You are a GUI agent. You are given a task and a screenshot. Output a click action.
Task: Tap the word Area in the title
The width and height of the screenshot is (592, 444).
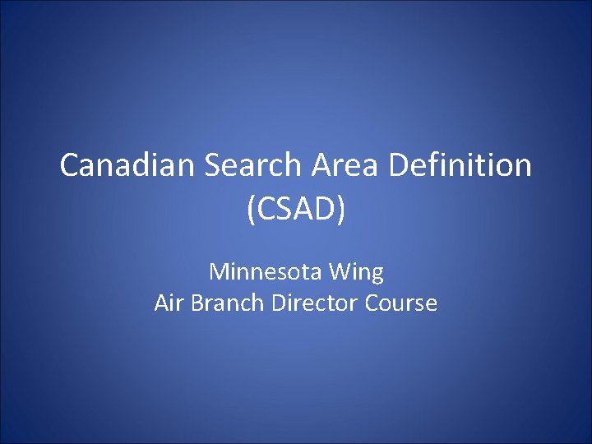[x=346, y=166]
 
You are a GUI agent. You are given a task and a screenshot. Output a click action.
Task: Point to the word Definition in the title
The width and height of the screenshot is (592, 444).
[x=460, y=166]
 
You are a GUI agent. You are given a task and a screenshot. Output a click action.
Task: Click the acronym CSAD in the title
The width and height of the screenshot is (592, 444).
[x=296, y=209]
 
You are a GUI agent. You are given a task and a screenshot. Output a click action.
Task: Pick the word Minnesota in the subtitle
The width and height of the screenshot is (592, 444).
[x=269, y=271]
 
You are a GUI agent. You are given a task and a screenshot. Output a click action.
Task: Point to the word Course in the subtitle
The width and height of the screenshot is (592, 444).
[x=400, y=303]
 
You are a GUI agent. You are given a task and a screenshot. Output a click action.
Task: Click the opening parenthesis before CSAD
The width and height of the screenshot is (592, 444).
[x=250, y=210]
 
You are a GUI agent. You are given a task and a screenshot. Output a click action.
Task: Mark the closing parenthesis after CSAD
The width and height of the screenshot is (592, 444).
[x=342, y=210]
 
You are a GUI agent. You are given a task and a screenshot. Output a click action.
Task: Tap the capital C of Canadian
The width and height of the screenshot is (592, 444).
[x=70, y=166]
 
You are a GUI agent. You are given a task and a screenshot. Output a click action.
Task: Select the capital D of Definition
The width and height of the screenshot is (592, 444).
[x=400, y=166]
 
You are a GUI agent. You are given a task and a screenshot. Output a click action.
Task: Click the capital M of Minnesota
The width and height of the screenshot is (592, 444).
[x=218, y=271]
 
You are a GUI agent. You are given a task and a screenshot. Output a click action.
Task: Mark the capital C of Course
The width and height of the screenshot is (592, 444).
[x=371, y=303]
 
